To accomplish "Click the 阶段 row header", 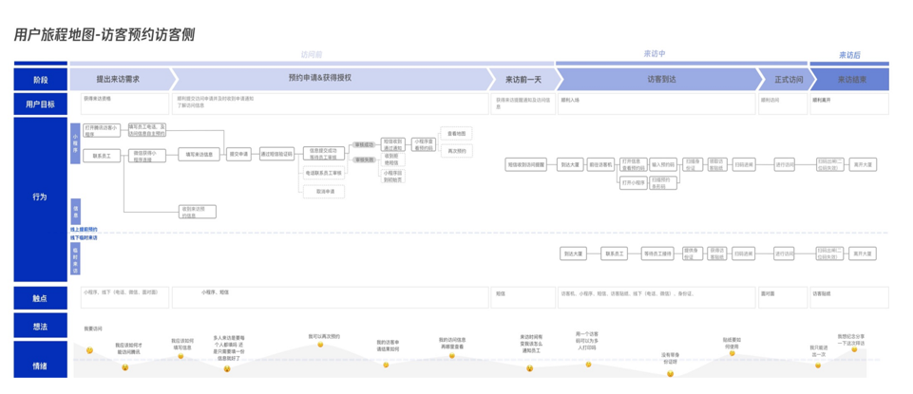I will tap(40, 80).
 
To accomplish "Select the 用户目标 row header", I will tap(40, 104).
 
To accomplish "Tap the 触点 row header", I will tap(40, 298).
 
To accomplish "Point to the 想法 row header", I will tap(40, 326).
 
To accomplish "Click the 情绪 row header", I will tap(40, 365).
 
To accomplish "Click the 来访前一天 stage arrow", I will tap(523, 80).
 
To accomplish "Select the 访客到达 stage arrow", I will tap(660, 80).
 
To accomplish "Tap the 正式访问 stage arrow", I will tap(788, 80).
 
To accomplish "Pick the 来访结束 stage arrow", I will tap(850, 80).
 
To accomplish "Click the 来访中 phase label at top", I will tap(655, 54).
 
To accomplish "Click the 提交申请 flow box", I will tap(239, 154).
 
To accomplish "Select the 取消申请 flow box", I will tap(324, 191).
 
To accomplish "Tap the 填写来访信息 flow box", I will tap(200, 154).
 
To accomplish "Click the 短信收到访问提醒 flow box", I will tap(525, 165).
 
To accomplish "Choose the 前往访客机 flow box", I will tap(600, 165).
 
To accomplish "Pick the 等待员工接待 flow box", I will tap(657, 253).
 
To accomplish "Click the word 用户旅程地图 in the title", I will tap(55, 35).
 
